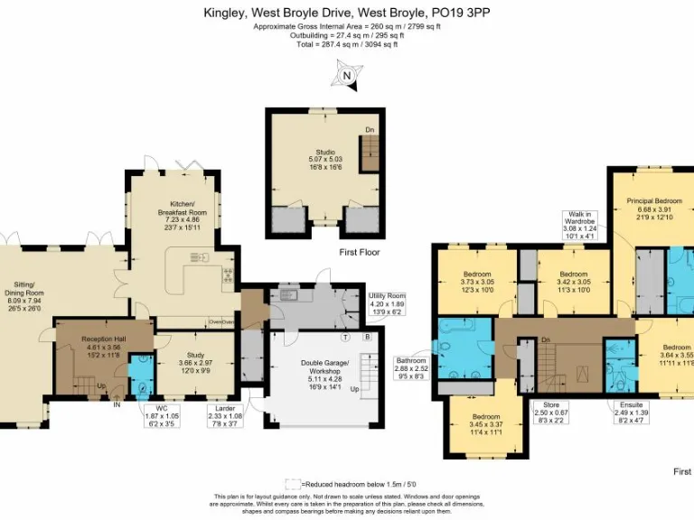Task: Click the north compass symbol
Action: pyautogui.click(x=346, y=75)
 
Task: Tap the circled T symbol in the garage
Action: pyautogui.click(x=346, y=338)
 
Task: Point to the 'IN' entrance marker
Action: pyautogui.click(x=117, y=404)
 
